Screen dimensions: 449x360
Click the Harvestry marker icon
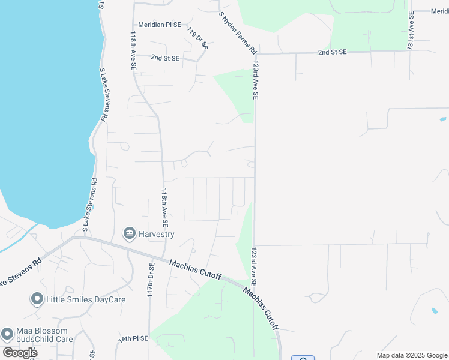click(129, 233)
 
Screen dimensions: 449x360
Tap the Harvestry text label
click(155, 233)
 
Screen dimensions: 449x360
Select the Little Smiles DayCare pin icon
click(37, 298)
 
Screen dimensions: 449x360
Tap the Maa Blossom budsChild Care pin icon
click(7, 334)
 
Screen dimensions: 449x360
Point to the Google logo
click(20, 353)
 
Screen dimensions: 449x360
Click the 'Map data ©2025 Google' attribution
click(412, 355)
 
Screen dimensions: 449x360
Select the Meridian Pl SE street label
click(159, 25)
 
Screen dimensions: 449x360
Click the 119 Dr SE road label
click(196, 37)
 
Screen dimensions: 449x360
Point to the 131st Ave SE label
click(411, 29)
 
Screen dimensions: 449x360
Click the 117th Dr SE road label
click(151, 279)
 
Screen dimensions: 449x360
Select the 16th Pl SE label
click(133, 339)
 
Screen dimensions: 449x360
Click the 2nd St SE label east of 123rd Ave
click(333, 52)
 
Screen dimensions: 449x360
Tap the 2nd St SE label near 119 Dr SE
click(165, 58)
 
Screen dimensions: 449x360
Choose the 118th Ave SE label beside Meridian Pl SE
click(132, 51)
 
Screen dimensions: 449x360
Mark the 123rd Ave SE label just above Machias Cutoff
click(255, 266)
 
